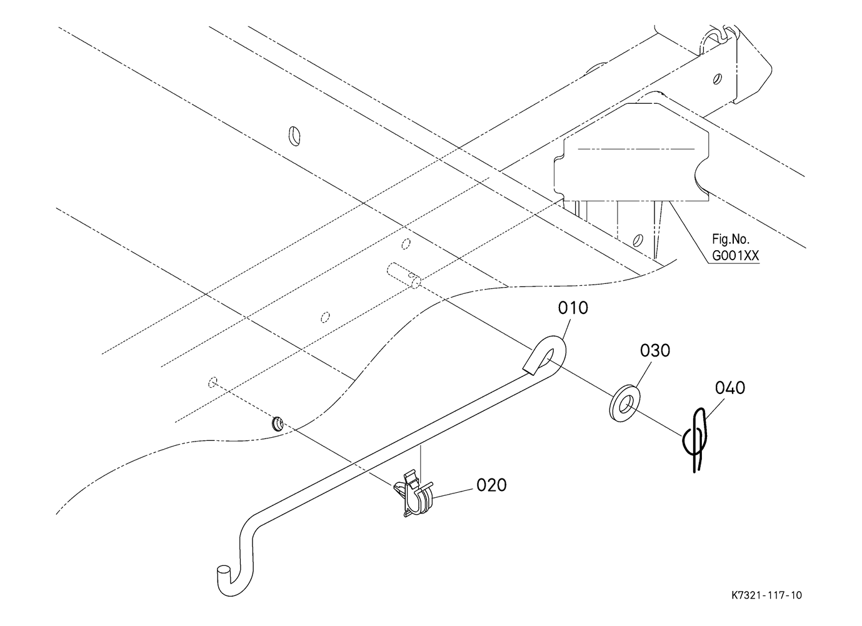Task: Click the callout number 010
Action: [573, 308]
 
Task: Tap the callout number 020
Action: [491, 485]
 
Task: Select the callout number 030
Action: [655, 351]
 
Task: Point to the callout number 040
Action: [730, 388]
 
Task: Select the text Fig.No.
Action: [730, 239]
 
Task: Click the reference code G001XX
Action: [735, 255]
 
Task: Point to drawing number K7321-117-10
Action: [766, 595]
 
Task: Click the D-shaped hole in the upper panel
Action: [294, 136]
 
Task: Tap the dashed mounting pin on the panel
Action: [404, 275]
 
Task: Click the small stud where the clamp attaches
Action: [277, 424]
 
